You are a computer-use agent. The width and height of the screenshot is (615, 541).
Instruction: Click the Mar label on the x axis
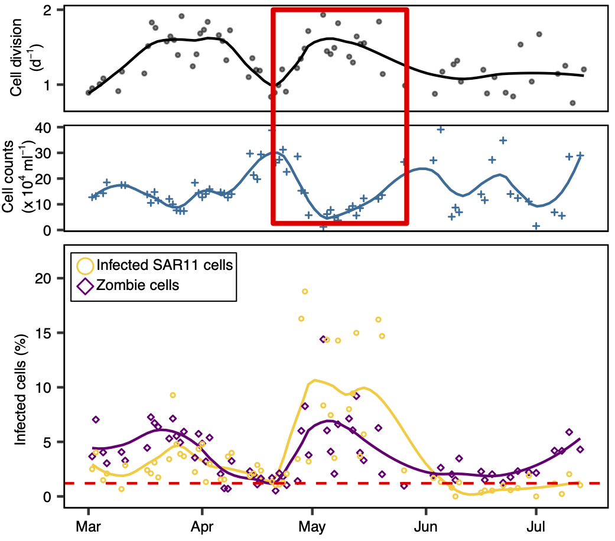tap(88, 526)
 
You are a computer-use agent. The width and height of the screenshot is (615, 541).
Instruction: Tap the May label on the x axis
tap(312, 526)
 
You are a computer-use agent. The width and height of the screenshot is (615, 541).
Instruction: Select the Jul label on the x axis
tap(536, 526)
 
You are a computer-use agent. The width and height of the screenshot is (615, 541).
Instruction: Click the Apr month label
tap(202, 526)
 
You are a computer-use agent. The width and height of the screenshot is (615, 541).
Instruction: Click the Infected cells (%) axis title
tap(20, 390)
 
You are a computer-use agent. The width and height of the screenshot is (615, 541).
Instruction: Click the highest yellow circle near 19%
tap(305, 291)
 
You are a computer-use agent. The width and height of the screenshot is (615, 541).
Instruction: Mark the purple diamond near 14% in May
tap(324, 340)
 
